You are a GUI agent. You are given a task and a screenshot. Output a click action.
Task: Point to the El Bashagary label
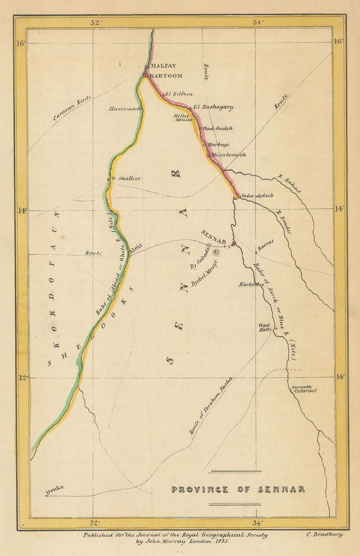click(x=214, y=107)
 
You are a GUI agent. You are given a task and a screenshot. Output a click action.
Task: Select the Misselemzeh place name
click(x=229, y=154)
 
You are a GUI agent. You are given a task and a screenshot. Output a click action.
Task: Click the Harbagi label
click(x=218, y=145)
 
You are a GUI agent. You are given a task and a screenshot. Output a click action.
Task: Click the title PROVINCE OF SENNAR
click(x=238, y=489)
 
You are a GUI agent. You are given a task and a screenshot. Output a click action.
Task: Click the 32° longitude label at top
click(x=95, y=23)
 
